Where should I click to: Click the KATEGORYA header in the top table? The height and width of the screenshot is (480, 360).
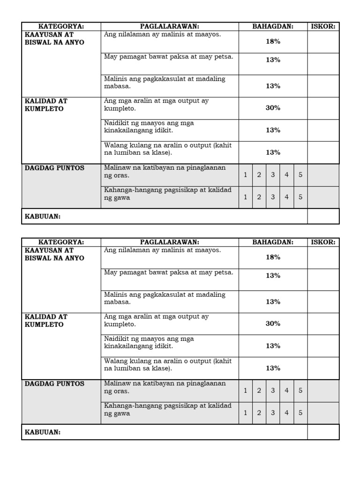point(61,26)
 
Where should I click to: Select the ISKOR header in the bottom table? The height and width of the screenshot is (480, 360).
point(323,242)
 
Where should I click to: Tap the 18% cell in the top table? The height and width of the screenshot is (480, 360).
point(273,41)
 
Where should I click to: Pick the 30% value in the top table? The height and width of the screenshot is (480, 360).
point(273,108)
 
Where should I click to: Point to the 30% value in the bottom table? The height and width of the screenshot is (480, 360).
point(273,323)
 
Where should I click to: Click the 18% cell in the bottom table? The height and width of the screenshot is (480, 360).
point(273,257)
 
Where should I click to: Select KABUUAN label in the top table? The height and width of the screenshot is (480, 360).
point(43,216)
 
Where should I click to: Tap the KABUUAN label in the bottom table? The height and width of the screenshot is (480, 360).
point(43,432)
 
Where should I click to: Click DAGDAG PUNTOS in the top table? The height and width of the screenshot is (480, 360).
point(54,168)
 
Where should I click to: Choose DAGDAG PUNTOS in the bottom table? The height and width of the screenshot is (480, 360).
point(54,383)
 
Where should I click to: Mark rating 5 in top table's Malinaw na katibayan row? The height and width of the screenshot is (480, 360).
point(300,175)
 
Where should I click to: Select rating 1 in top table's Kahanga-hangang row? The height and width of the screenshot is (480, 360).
point(245,197)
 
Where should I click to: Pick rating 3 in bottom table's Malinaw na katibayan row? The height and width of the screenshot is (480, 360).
point(273,390)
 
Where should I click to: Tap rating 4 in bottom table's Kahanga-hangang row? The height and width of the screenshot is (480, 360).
point(286,413)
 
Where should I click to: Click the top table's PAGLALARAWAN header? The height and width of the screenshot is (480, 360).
point(170,26)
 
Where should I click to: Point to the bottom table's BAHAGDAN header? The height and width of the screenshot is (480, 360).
point(273,242)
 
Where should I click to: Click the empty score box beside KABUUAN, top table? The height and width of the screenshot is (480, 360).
point(323,216)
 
